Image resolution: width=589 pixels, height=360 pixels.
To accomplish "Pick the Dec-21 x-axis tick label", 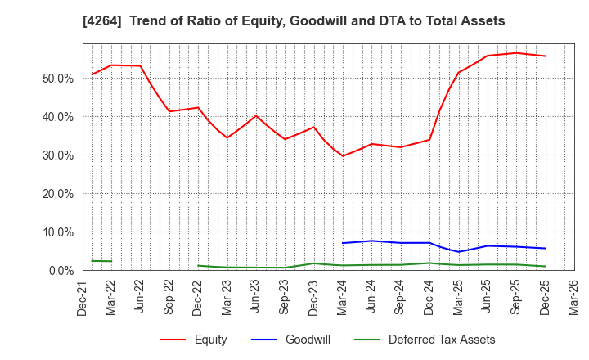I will [83, 298].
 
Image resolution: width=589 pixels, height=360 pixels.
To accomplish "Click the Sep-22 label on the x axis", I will [169, 298].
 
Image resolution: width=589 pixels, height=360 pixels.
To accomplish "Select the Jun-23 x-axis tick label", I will [256, 298].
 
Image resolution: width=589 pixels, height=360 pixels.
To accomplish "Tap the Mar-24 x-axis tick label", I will [343, 298].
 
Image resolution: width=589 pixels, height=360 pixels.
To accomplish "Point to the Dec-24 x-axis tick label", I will [429, 298].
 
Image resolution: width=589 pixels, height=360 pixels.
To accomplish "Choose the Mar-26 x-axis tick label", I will [574, 298].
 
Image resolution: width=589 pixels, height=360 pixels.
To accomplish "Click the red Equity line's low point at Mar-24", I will [343, 155].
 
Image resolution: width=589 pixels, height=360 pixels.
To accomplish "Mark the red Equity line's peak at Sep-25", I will [516, 53].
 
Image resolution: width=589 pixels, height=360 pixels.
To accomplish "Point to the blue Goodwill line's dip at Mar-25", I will [458, 251].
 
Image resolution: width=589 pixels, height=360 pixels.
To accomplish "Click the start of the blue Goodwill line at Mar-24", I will [343, 243].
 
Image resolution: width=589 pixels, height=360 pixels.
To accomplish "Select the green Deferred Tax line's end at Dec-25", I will [546, 266].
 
